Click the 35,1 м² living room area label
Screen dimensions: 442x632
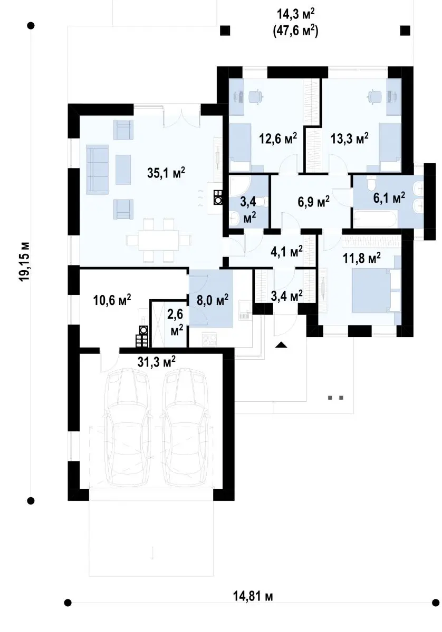166,172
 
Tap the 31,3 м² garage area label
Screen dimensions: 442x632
156,361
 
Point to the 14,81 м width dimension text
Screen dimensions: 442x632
253,610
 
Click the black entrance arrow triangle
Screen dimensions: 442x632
281,344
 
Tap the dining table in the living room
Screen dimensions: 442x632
158,240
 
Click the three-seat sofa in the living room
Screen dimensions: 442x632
97,170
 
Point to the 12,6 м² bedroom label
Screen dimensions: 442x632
278,139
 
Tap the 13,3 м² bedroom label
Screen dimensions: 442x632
350,139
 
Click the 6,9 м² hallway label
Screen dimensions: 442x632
313,202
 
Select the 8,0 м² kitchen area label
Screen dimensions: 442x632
213,300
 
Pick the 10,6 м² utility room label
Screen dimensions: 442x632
112,300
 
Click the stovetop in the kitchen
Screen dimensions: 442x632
209,339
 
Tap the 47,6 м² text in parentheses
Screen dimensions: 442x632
295,31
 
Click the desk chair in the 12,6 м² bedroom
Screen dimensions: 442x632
256,97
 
